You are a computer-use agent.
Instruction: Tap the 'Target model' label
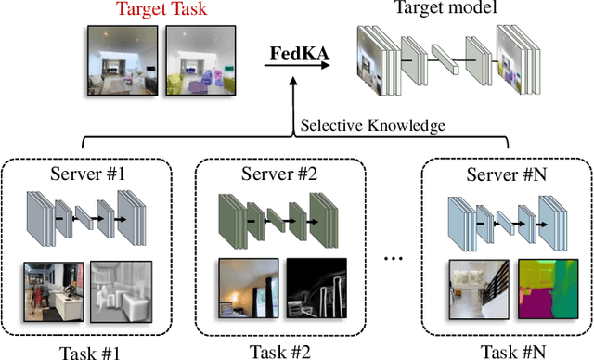pos(440,9)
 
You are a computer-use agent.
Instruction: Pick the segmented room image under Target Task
pos(198,61)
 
